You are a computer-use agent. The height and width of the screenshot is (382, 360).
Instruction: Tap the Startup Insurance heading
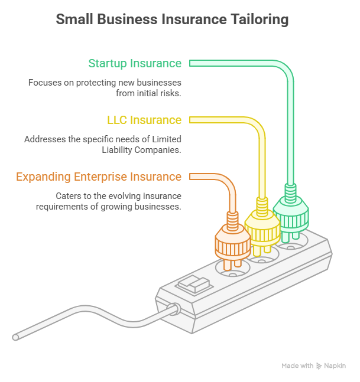point(135,64)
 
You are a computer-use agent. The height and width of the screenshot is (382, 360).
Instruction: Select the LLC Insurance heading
point(144,120)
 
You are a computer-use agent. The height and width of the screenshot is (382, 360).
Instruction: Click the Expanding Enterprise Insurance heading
point(99,177)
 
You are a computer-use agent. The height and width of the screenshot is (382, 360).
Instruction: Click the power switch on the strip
point(194,285)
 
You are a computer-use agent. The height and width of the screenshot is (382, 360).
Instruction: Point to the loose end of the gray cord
point(15,337)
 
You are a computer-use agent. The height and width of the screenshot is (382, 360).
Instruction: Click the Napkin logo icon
point(319,366)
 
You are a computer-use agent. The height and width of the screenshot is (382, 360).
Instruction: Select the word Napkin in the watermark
point(335,366)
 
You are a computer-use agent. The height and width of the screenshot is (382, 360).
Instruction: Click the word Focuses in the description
point(45,83)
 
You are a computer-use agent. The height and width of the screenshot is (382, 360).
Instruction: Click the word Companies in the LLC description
point(158,150)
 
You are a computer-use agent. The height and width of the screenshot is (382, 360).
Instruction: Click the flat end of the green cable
point(190,63)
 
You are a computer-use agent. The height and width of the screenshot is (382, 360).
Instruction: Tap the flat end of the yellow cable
point(190,120)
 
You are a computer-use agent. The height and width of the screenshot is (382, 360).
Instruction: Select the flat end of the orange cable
point(190,177)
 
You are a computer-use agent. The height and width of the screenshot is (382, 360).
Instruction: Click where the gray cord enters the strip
point(174,309)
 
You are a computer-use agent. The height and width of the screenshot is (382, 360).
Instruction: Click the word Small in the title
point(74,19)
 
